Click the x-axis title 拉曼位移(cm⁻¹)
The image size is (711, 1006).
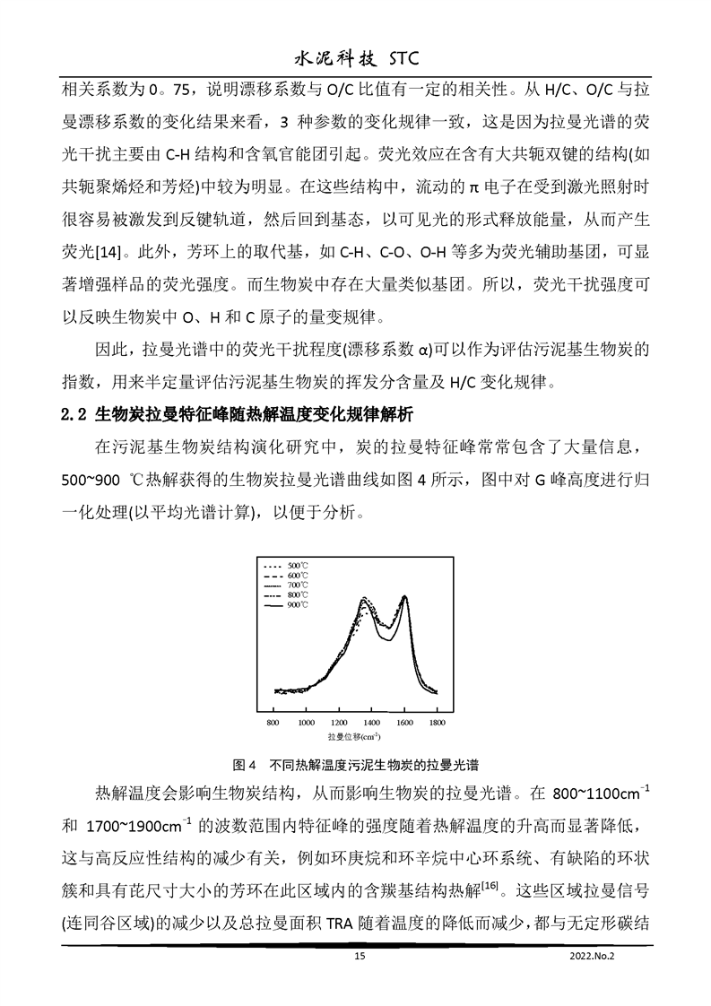(355, 736)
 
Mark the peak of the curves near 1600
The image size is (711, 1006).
(404, 596)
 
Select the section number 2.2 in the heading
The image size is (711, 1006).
(72, 414)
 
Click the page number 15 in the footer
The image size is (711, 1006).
(360, 957)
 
